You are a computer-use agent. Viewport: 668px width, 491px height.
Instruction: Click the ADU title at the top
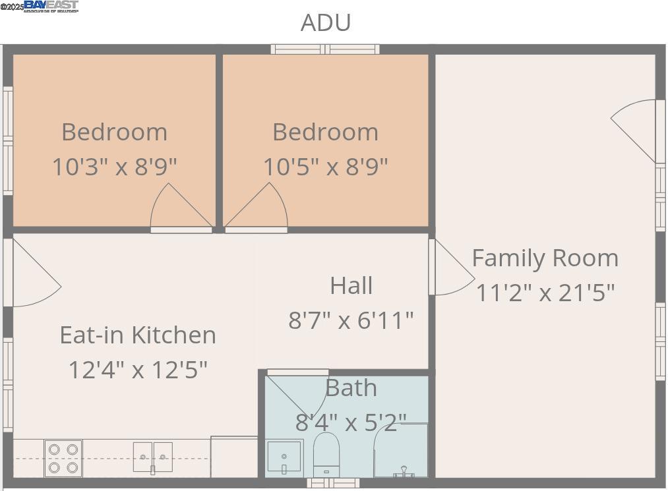coord(326,22)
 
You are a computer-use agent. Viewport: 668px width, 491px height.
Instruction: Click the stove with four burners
coord(63,458)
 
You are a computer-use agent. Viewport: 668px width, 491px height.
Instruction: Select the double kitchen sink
coord(152,457)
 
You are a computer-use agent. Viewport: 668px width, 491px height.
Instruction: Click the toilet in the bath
coord(325,453)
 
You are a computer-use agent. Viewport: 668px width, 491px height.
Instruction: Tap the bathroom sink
coord(284,457)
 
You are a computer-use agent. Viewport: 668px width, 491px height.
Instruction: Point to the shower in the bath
coord(401,451)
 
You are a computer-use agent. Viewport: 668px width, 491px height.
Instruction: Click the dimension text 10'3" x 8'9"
coord(114,166)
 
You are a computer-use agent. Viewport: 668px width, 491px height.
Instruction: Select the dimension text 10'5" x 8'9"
coord(325,166)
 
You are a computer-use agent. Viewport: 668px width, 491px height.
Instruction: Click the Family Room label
coord(545,258)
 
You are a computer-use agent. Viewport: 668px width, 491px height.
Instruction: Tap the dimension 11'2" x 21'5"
coord(545,292)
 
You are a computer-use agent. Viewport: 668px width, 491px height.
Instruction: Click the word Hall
coord(351,285)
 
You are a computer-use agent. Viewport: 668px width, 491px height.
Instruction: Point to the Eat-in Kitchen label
coord(138,335)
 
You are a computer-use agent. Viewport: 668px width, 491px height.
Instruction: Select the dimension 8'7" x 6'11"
coord(351,320)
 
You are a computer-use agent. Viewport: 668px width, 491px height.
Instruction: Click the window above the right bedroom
coord(325,49)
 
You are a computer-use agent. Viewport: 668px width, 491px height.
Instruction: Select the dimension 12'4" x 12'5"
coord(138,369)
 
